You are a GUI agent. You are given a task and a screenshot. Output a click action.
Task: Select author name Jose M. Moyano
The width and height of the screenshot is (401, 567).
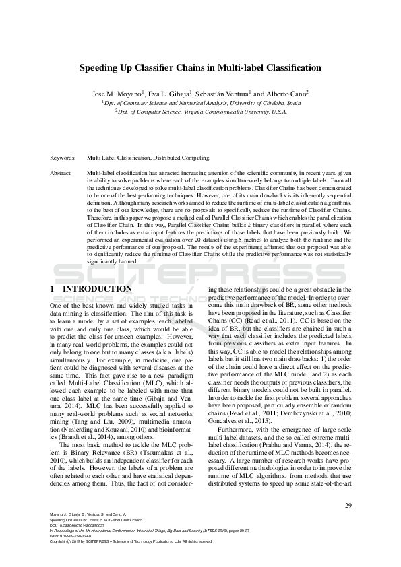point(115,94)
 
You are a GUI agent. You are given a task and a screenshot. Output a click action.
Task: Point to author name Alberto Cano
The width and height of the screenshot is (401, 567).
point(282,94)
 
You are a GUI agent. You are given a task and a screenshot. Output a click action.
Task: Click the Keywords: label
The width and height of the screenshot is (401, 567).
point(63,158)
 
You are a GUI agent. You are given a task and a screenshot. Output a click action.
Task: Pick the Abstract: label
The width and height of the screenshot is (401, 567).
point(61,173)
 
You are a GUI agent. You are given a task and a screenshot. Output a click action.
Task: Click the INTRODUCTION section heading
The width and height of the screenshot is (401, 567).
point(97,289)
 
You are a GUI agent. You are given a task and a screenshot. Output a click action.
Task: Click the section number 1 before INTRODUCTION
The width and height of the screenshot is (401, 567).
point(53,289)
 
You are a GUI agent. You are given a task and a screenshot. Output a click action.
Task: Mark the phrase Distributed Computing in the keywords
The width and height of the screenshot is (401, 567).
point(184,158)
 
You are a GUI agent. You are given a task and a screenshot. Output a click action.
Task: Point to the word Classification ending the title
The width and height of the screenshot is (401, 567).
point(292,68)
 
